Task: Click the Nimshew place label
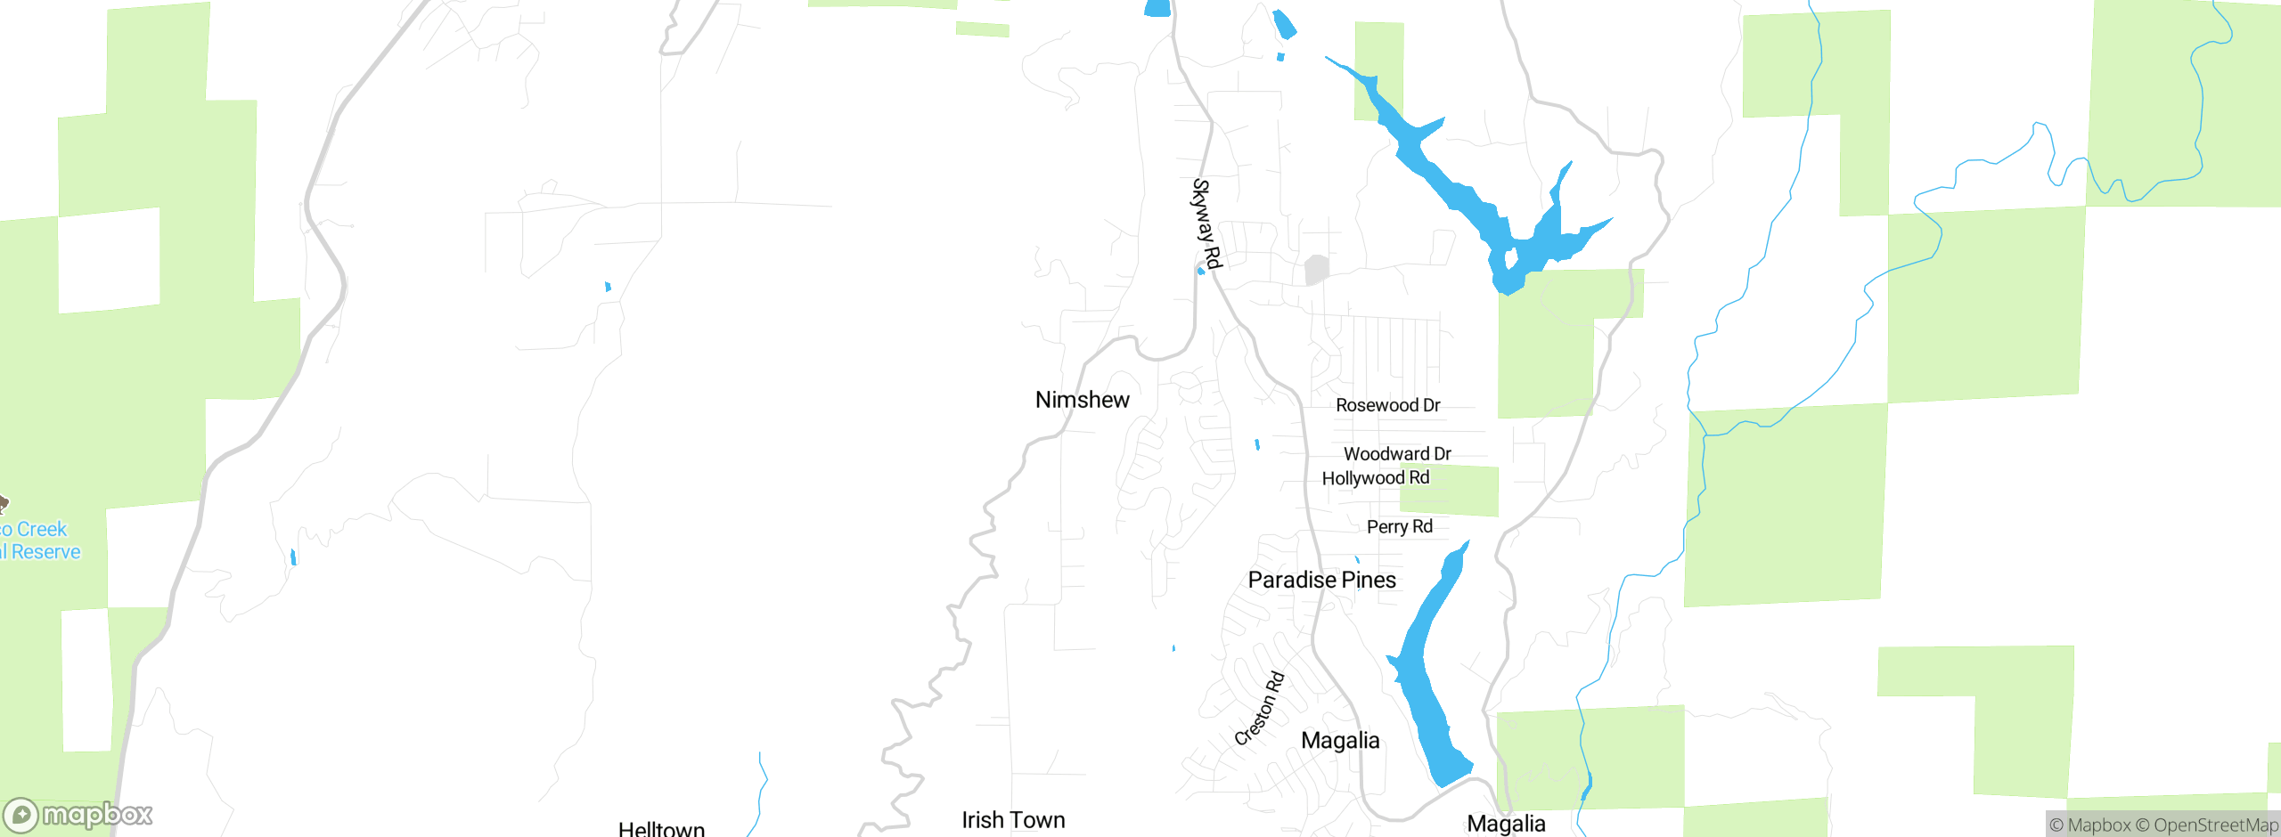(1082, 400)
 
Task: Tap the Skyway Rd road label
(1206, 223)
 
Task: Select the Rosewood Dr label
(1387, 405)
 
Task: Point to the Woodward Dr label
(1397, 454)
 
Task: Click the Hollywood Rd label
(1375, 478)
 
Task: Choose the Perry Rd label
(1399, 527)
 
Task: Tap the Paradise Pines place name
(1321, 580)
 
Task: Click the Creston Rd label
(1260, 708)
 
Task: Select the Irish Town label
(1013, 820)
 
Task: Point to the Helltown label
(661, 828)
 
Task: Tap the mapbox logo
(78, 814)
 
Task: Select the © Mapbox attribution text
(2089, 825)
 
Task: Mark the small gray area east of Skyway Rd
(1316, 269)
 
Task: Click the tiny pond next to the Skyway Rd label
(1201, 271)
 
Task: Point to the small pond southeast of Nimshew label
(1257, 444)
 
